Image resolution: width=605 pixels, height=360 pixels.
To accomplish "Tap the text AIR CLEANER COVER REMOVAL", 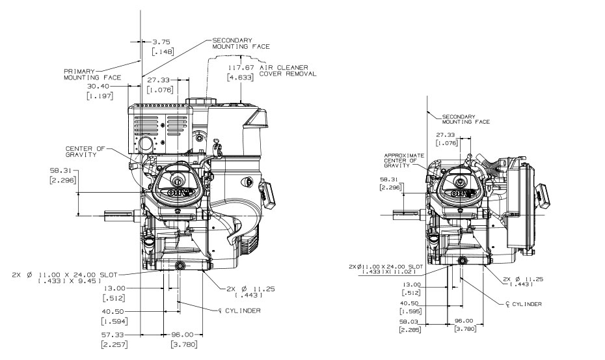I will click(x=288, y=70).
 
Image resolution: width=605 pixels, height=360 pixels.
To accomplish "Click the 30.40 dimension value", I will click(x=99, y=85).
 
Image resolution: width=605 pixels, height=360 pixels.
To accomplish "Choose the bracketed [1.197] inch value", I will click(x=99, y=96).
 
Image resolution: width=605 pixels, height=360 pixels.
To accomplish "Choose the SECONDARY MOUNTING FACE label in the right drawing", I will click(x=466, y=119).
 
